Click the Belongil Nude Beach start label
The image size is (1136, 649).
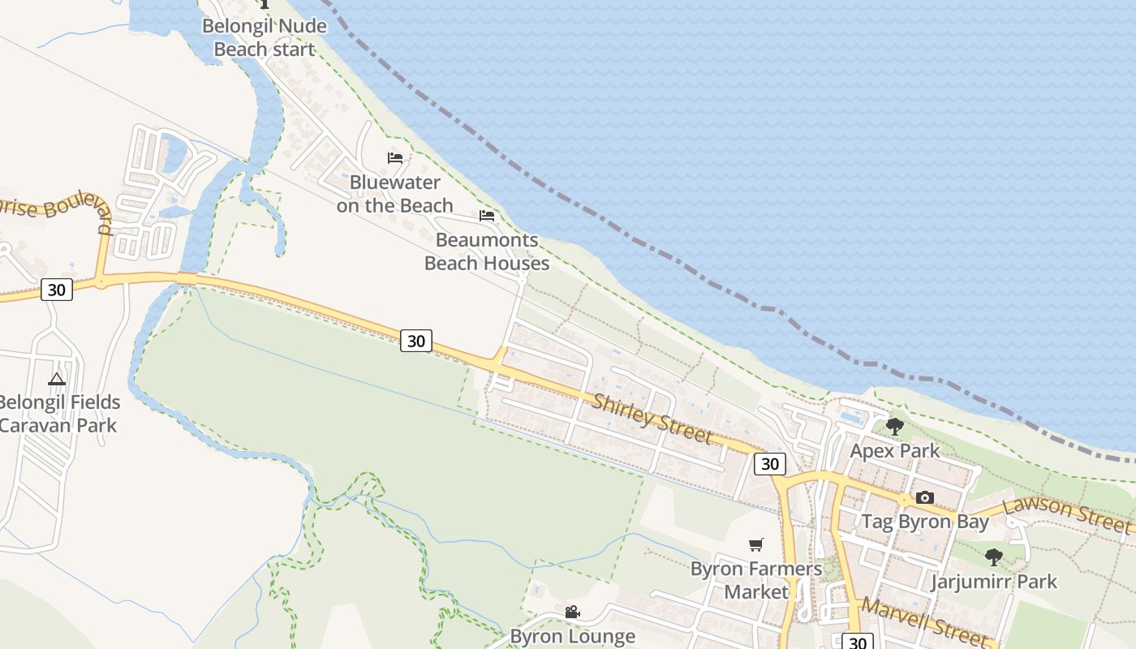pyautogui.click(x=264, y=37)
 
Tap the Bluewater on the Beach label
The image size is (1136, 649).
pyautogui.click(x=395, y=194)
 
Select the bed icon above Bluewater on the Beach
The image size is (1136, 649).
pyautogui.click(x=395, y=157)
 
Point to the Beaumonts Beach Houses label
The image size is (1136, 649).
pyautogui.click(x=487, y=251)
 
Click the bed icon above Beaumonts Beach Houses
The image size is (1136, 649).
pyautogui.click(x=487, y=216)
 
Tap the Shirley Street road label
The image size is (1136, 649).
pyautogui.click(x=652, y=419)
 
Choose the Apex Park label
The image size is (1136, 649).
pyautogui.click(x=895, y=451)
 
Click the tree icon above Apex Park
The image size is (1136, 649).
pyautogui.click(x=895, y=426)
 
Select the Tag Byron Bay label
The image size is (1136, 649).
pyautogui.click(x=925, y=522)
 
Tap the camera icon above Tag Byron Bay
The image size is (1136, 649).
pyautogui.click(x=924, y=497)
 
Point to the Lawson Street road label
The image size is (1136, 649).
pyautogui.click(x=1066, y=515)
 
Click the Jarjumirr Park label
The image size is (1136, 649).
pyautogui.click(x=994, y=582)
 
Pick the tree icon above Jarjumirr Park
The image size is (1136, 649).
pyautogui.click(x=994, y=557)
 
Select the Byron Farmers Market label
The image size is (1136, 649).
pyautogui.click(x=756, y=580)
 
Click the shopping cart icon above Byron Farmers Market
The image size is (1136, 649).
pyautogui.click(x=756, y=544)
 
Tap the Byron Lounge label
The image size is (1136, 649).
pyautogui.click(x=572, y=637)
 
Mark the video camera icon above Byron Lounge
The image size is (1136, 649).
pyautogui.click(x=572, y=612)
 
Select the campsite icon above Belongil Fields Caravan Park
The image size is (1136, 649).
pyautogui.click(x=56, y=378)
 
